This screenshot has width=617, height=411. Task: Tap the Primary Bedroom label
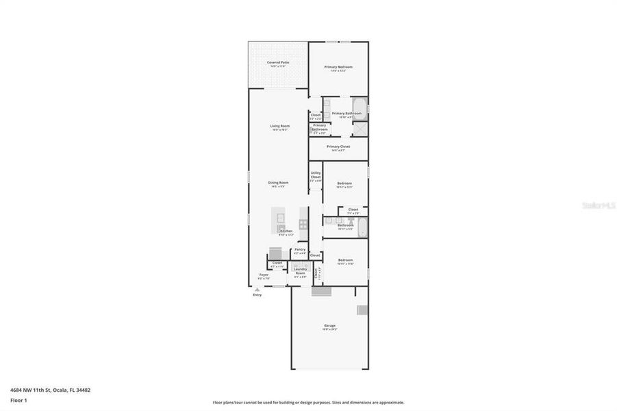pos(338,68)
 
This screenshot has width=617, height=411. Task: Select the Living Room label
pos(279,127)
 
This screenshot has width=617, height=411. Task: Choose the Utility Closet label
pos(316,176)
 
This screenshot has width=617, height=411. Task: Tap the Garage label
pos(329,326)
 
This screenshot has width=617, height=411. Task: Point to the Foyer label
pos(264,276)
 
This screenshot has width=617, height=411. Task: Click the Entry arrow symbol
pos(257,290)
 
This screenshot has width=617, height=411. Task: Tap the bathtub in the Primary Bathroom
pos(360,109)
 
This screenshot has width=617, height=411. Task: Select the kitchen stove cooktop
pos(303,223)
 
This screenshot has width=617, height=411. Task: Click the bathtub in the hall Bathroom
pos(362,227)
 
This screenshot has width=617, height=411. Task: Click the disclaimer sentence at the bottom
pos(308,403)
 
